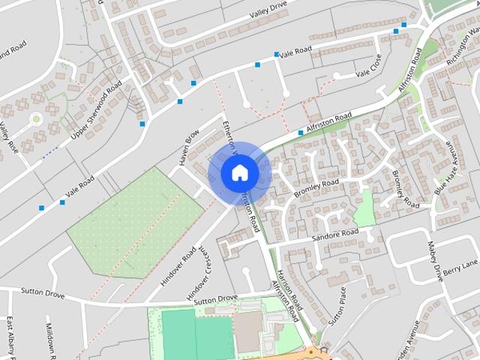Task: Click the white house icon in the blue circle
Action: point(239,172)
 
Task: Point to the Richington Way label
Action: point(462,45)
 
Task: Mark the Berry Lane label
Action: point(460,268)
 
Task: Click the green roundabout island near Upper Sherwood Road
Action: point(35,118)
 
